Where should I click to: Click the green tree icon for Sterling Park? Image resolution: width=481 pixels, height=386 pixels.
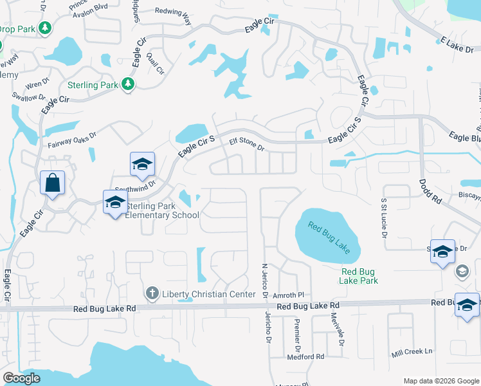coord(128,84)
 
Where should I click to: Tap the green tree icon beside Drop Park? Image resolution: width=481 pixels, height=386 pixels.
coord(45,28)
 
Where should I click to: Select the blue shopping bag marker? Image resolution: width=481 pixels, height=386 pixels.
coord(52,183)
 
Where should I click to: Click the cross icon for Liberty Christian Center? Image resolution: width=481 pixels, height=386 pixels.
coord(152,294)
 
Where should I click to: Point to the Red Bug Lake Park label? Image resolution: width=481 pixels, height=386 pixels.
coord(358,275)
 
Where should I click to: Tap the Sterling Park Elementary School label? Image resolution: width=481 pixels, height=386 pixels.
coord(161,210)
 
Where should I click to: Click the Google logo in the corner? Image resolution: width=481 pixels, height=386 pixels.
coord(21,379)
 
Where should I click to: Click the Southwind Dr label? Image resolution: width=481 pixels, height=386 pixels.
coord(135,183)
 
